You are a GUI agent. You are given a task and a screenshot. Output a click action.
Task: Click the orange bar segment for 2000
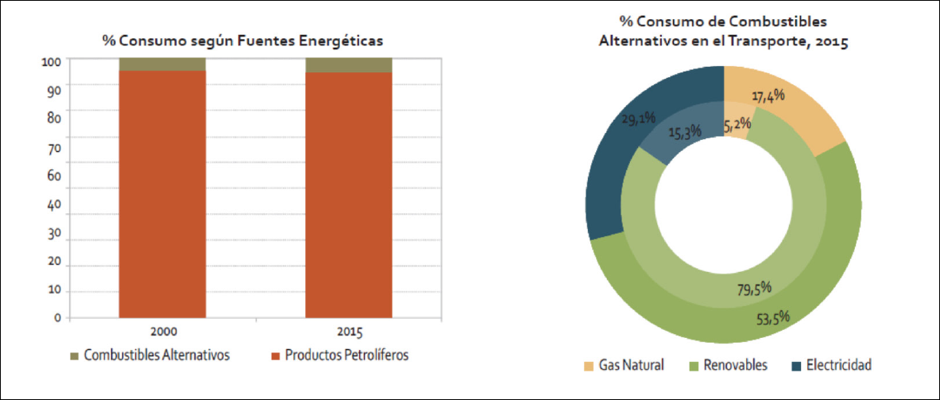[162, 194]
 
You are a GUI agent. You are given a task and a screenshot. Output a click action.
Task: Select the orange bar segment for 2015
[349, 195]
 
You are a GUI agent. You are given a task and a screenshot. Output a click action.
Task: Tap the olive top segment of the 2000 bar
[162, 64]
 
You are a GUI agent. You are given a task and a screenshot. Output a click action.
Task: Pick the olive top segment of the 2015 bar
[349, 64]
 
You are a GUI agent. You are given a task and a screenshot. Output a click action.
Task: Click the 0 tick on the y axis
[58, 317]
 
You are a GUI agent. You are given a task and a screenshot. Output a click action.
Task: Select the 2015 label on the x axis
[349, 332]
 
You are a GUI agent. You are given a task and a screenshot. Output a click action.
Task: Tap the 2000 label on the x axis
[163, 332]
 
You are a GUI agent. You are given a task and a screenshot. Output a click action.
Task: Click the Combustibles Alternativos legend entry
[150, 355]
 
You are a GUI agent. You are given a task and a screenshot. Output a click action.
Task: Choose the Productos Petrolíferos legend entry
[340, 355]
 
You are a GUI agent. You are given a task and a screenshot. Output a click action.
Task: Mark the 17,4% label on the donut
[767, 95]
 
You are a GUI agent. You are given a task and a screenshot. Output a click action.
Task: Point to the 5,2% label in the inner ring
[737, 125]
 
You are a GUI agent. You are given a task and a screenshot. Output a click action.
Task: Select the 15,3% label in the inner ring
[685, 130]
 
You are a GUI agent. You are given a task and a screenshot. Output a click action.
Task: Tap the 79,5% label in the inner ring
[754, 289]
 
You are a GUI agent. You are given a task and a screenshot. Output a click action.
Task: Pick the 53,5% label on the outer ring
[772, 316]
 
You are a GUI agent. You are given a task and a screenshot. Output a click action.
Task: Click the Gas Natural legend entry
[624, 365]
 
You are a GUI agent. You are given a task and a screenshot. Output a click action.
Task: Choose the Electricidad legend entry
[831, 365]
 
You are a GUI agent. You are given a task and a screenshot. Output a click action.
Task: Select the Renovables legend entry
[728, 365]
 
